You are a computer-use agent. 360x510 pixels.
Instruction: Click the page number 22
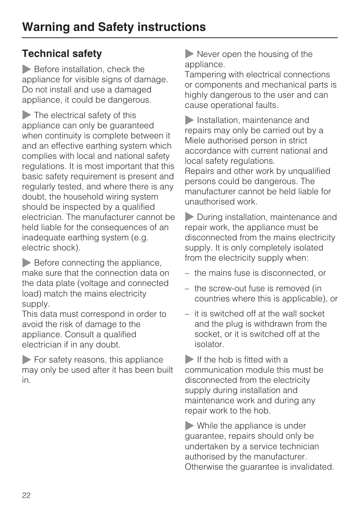click(x=26, y=495)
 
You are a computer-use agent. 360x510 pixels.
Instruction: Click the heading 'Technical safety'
click(x=62, y=54)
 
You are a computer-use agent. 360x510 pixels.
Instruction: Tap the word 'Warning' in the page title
click(x=46, y=27)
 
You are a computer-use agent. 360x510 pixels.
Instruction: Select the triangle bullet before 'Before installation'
click(x=26, y=69)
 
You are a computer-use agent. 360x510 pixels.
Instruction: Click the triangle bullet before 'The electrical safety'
click(x=26, y=115)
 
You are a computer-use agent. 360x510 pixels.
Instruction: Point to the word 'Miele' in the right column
click(x=194, y=141)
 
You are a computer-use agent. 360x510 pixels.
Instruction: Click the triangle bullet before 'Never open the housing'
click(x=189, y=54)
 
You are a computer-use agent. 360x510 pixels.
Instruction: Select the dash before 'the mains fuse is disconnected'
click(x=186, y=273)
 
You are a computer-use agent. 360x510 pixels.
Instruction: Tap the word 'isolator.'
click(x=209, y=344)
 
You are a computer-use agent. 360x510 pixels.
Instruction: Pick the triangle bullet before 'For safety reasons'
click(x=26, y=359)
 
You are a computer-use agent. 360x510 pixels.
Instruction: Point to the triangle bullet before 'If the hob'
click(x=189, y=359)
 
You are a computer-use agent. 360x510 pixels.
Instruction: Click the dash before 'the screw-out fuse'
click(x=186, y=289)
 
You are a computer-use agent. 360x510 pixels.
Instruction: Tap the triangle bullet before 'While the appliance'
click(x=189, y=426)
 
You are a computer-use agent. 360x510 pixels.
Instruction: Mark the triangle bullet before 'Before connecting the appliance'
click(x=26, y=263)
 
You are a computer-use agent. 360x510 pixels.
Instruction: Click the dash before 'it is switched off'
click(x=186, y=314)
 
